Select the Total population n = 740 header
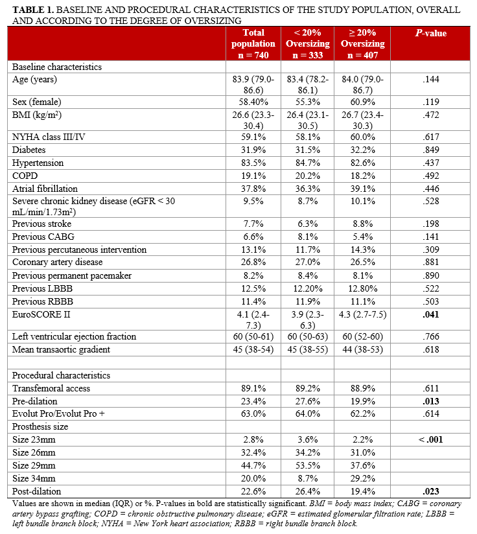coord(253,44)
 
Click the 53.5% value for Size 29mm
coord(308,465)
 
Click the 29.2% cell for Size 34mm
coord(363,478)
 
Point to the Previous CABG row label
coord(43,237)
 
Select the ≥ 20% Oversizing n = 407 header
coord(363,44)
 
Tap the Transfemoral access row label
coord(51,388)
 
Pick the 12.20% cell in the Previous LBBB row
coord(308,288)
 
